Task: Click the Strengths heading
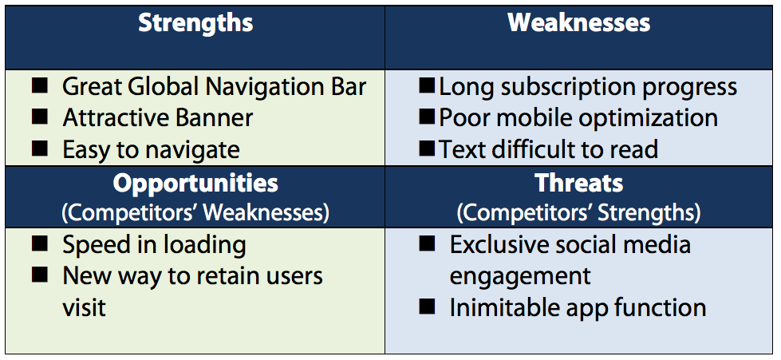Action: (195, 23)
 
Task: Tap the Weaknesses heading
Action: (579, 23)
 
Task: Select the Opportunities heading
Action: (195, 184)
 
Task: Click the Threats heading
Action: (579, 184)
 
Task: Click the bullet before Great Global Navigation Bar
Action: (40, 85)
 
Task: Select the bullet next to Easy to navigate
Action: (40, 148)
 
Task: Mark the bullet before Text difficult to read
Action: (427, 148)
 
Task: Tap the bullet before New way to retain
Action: (40, 275)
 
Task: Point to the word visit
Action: (85, 307)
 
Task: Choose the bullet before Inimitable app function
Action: (427, 307)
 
